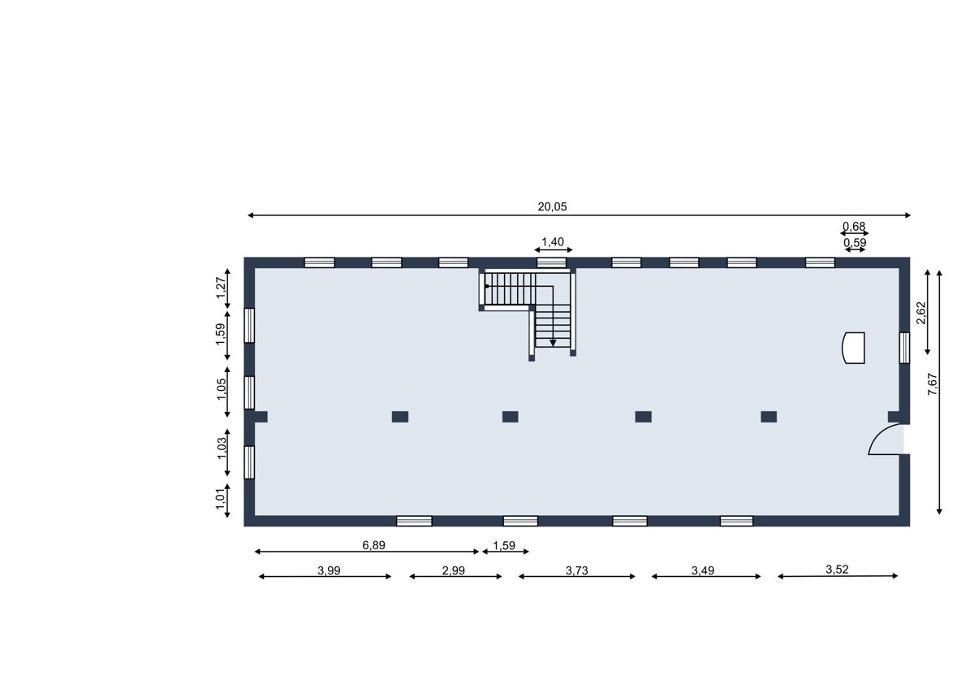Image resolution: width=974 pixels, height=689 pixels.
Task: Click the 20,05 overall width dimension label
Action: (x=552, y=206)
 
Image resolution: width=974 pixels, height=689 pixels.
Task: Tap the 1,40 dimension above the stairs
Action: (x=552, y=242)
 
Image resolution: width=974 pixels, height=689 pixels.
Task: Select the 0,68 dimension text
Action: (x=854, y=227)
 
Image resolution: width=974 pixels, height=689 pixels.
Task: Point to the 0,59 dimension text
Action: (x=855, y=242)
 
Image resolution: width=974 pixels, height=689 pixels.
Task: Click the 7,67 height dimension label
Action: (x=933, y=384)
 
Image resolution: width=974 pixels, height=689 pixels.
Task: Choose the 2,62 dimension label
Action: (x=921, y=313)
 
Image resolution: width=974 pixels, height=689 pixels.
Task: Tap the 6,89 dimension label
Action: (x=373, y=545)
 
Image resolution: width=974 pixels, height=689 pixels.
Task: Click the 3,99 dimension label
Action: (x=329, y=570)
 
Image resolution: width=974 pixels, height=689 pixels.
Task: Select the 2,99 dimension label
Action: (x=453, y=570)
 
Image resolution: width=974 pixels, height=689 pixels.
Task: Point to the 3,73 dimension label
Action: (x=576, y=570)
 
